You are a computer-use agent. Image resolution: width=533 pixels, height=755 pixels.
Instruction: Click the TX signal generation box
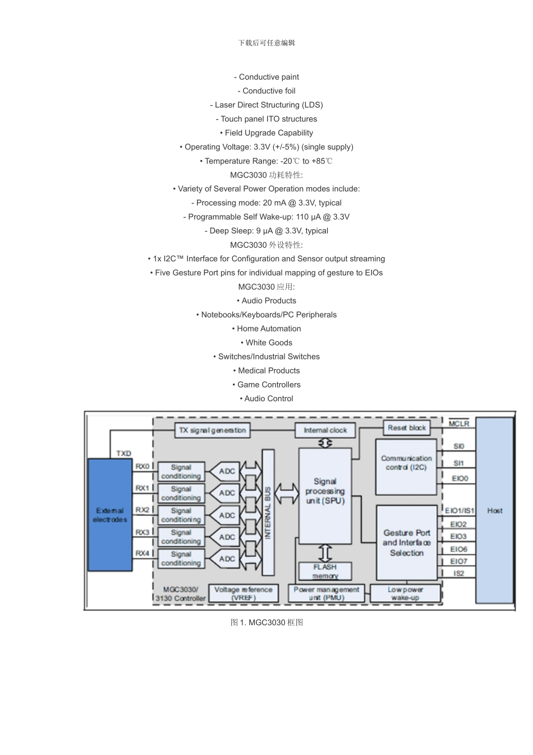pyautogui.click(x=212, y=430)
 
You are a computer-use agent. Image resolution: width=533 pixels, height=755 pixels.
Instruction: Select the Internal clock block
pyautogui.click(x=325, y=430)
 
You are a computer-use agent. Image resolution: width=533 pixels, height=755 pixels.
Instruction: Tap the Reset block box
pyautogui.click(x=406, y=427)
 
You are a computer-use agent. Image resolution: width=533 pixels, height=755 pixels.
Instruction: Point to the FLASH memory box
pyautogui.click(x=325, y=571)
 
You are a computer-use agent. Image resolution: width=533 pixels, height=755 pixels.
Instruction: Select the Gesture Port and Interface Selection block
pyautogui.click(x=406, y=542)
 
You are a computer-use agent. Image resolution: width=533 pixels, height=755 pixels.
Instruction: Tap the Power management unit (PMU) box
pyautogui.click(x=326, y=594)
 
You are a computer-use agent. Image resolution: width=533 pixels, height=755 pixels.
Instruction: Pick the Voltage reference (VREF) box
pyautogui.click(x=243, y=594)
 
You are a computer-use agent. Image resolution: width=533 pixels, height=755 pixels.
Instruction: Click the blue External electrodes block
pyautogui.click(x=110, y=515)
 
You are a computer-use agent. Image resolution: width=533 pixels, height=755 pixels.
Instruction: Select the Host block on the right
pyautogui.click(x=494, y=510)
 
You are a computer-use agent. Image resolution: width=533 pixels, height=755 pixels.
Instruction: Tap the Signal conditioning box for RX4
pyautogui.click(x=181, y=558)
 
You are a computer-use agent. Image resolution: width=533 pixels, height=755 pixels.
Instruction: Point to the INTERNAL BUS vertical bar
pyautogui.click(x=268, y=512)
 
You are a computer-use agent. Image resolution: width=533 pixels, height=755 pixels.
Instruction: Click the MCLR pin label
pyautogui.click(x=458, y=424)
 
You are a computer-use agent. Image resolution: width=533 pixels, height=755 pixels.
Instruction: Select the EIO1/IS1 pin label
pyautogui.click(x=459, y=511)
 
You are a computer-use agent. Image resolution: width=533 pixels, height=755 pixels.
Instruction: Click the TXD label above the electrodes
pyautogui.click(x=123, y=453)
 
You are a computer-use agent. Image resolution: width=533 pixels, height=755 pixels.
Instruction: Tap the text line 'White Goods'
pyautogui.click(x=269, y=343)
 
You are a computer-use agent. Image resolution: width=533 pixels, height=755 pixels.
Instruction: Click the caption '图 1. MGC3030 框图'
pyautogui.click(x=266, y=622)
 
